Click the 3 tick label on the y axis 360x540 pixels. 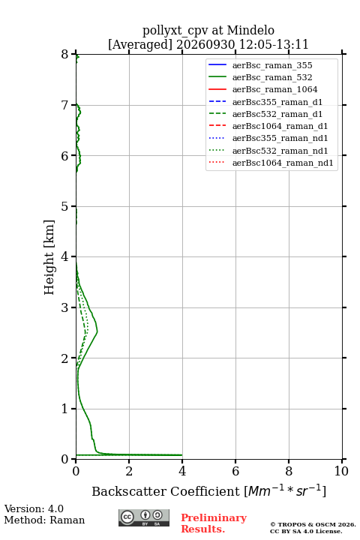[x=64, y=307]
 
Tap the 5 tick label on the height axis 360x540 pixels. [x=64, y=206]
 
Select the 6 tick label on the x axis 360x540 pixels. [x=235, y=471]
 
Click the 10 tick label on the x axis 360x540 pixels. [x=341, y=471]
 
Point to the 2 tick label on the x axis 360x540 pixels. [x=129, y=471]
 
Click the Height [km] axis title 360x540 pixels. [x=49, y=257]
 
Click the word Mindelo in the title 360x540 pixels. [x=250, y=30]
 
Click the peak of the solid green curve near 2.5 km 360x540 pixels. [x=97, y=331]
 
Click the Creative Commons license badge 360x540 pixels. [x=144, y=518]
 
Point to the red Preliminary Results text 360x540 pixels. [x=214, y=523]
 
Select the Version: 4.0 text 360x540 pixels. [x=34, y=508]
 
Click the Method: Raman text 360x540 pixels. [x=44, y=520]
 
